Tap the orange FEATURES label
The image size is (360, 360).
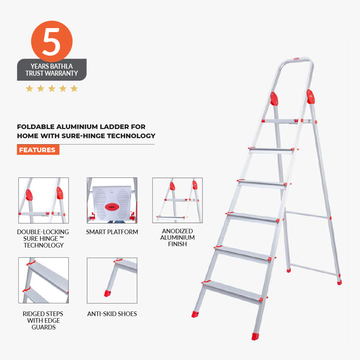click(x=38, y=150)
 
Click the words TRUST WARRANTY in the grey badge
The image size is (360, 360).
click(x=52, y=73)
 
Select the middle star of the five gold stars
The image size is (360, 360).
click(x=52, y=89)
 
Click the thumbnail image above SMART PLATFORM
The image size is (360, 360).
click(x=112, y=200)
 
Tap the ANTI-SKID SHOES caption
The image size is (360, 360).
click(x=112, y=314)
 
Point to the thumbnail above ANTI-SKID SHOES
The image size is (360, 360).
click(x=112, y=280)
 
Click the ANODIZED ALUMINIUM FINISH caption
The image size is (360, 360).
click(x=177, y=237)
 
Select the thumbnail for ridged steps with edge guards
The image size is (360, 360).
click(x=43, y=280)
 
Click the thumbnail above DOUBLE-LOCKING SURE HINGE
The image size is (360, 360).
click(x=43, y=200)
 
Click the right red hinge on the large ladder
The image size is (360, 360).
click(x=310, y=97)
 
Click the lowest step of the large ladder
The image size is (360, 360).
click(x=232, y=290)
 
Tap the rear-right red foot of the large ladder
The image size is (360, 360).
click(x=339, y=282)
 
